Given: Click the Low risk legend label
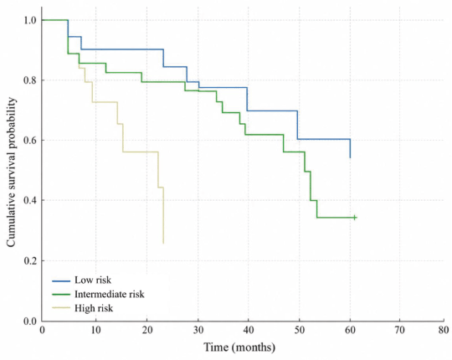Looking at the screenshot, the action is pyautogui.click(x=93, y=280).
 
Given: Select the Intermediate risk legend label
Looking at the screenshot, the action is pyautogui.click(x=110, y=294).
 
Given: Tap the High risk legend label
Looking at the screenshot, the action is pyautogui.click(x=94, y=308).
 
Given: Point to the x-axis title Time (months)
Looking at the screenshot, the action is pyautogui.click(x=239, y=347).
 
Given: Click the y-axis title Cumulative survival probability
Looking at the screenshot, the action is pyautogui.click(x=11, y=172).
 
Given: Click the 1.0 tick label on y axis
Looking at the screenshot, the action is pyautogui.click(x=30, y=20).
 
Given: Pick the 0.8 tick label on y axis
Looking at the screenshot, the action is pyautogui.click(x=30, y=80).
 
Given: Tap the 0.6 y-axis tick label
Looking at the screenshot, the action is pyautogui.click(x=30, y=141).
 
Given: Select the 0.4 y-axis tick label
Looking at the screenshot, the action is pyautogui.click(x=30, y=200).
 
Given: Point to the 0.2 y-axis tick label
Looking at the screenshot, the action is pyautogui.click(x=30, y=261).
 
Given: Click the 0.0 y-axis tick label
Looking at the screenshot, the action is pyautogui.click(x=30, y=321).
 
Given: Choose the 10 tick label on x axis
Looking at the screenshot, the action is pyautogui.click(x=96, y=330).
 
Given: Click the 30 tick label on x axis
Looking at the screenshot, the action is pyautogui.click(x=198, y=330).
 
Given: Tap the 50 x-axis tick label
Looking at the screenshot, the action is pyautogui.click(x=299, y=330).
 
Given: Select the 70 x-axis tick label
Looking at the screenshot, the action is pyautogui.click(x=400, y=330).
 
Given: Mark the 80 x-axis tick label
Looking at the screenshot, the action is pyautogui.click(x=444, y=330).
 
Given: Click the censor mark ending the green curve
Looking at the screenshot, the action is pyautogui.click(x=355, y=218).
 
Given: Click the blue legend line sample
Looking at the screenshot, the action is pyautogui.click(x=61, y=280).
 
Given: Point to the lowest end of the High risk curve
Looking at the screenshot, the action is pyautogui.click(x=163, y=244).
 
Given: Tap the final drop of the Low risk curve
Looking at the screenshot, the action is pyautogui.click(x=350, y=148).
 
